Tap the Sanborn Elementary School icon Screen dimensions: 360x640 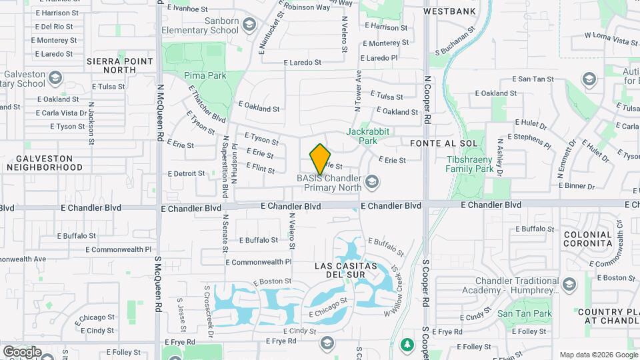click(249, 25)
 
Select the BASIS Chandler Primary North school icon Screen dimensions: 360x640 click(372, 181)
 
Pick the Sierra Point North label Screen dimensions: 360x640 click(120, 65)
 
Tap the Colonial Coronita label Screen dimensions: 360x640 click(588, 239)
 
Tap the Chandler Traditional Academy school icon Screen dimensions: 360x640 click(569, 286)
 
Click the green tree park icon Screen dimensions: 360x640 click(406, 345)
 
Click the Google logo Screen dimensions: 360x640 click(22, 352)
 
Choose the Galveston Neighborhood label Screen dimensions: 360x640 click(45, 163)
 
